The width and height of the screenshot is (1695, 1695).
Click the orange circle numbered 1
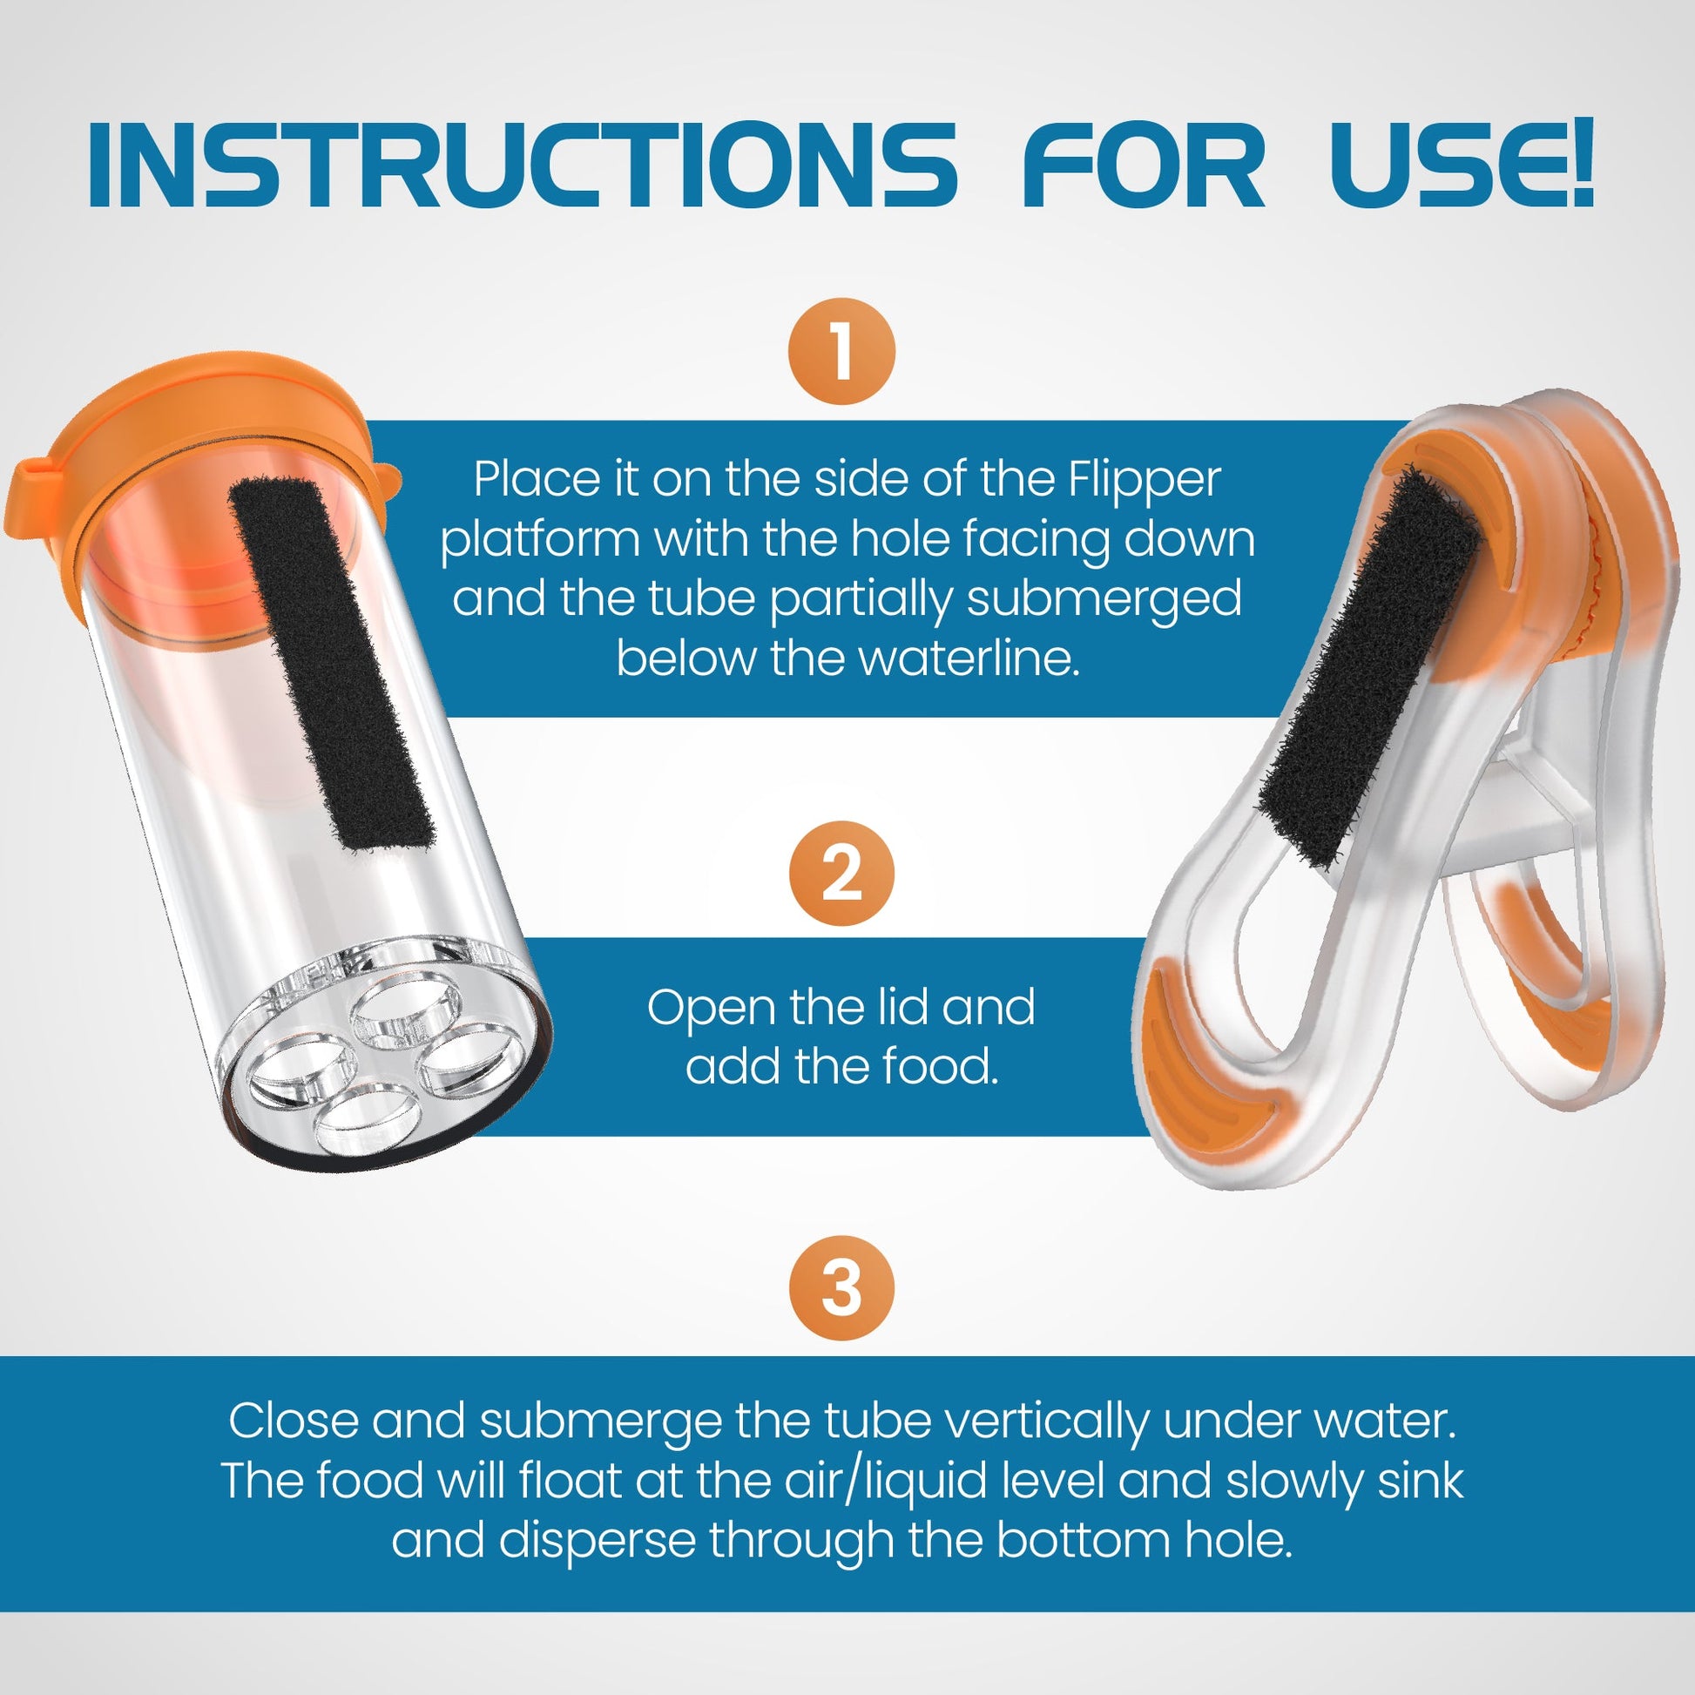point(841,351)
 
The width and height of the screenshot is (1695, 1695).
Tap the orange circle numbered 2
point(841,873)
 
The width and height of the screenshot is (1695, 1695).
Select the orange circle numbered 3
point(841,1288)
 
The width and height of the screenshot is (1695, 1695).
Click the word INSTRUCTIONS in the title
point(521,165)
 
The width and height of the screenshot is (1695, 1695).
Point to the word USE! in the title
point(1462,165)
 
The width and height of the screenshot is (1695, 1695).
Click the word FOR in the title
point(1143,165)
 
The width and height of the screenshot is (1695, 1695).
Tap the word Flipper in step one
point(1144,480)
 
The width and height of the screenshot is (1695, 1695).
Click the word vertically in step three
point(1043,1422)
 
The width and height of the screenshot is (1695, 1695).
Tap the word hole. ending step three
point(1238,1541)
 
